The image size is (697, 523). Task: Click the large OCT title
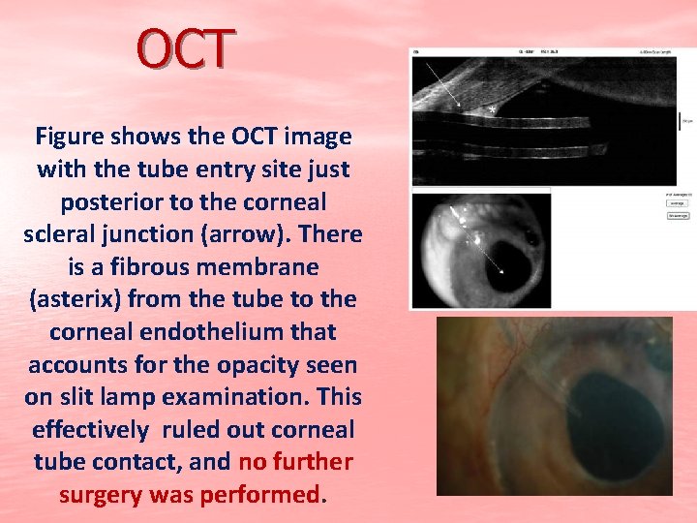[186, 50]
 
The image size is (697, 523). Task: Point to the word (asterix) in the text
[107, 299]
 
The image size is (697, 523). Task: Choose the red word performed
[259, 496]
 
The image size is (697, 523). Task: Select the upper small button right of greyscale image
[676, 203]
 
